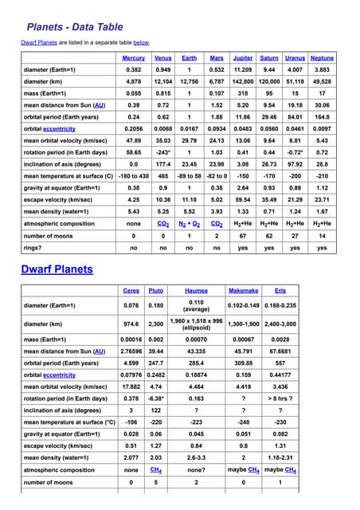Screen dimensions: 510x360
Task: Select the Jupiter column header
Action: pyautogui.click(x=242, y=58)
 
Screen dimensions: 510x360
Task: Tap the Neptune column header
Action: pyautogui.click(x=322, y=58)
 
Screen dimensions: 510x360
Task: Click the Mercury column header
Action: pyautogui.click(x=134, y=58)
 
